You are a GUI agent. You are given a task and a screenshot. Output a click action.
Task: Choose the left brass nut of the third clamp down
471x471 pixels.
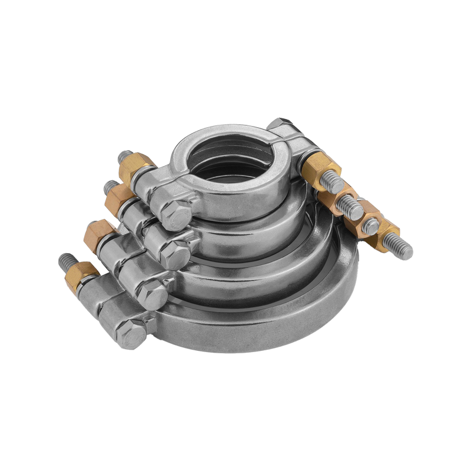99,234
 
